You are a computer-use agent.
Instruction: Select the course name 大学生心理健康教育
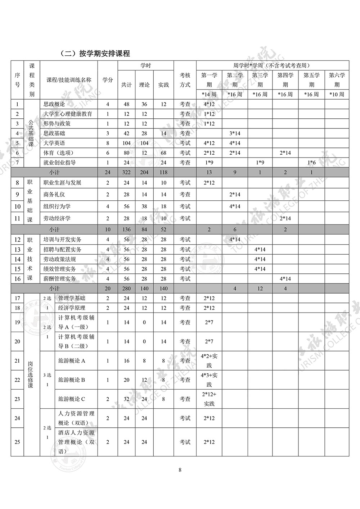[x=68, y=114]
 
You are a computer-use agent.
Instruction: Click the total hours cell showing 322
[x=126, y=172]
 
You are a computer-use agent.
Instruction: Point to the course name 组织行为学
[x=57, y=206]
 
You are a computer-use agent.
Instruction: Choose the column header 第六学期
[x=337, y=80]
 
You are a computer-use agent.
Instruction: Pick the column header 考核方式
[x=185, y=80]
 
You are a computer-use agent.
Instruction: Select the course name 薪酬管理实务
[x=59, y=279]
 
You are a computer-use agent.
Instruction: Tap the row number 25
[x=17, y=442]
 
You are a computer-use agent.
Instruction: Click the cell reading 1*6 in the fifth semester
[x=311, y=163]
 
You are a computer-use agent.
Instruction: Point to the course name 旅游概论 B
[x=72, y=380]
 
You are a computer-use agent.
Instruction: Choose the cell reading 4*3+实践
[x=209, y=380]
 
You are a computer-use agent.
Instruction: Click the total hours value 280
[x=126, y=288]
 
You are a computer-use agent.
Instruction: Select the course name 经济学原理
[x=72, y=308]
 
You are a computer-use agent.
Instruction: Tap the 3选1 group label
[x=47, y=380]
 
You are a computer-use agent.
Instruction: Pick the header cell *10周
[x=337, y=94]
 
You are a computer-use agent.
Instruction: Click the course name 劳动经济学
[x=57, y=218]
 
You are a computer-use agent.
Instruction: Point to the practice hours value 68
[x=163, y=153]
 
